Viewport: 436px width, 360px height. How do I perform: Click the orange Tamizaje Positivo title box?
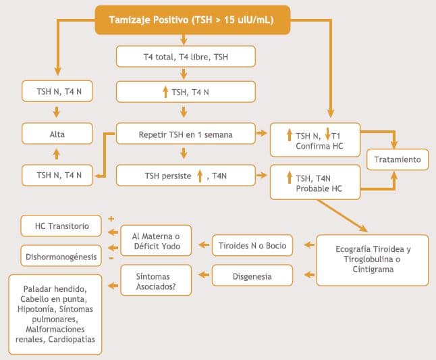tap(192, 20)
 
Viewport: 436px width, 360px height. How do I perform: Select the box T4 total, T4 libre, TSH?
tap(186, 56)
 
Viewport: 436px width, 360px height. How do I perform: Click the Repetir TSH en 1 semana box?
tap(186, 134)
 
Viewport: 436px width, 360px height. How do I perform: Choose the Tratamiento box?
tap(398, 159)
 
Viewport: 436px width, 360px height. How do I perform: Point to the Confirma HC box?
tap(315, 139)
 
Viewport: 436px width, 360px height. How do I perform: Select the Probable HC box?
tap(315, 182)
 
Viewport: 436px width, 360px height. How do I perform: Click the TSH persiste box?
tap(186, 176)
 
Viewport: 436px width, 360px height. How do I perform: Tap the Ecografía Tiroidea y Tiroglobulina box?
tap(373, 259)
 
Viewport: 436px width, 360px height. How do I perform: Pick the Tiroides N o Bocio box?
tap(252, 245)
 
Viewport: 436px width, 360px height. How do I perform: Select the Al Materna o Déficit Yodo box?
tap(155, 239)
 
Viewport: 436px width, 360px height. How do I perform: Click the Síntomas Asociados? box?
tap(155, 281)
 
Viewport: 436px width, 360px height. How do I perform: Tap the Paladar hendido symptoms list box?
tap(55, 314)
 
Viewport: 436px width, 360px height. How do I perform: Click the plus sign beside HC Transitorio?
tap(111, 220)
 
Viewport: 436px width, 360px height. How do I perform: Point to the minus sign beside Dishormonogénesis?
tap(111, 258)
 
